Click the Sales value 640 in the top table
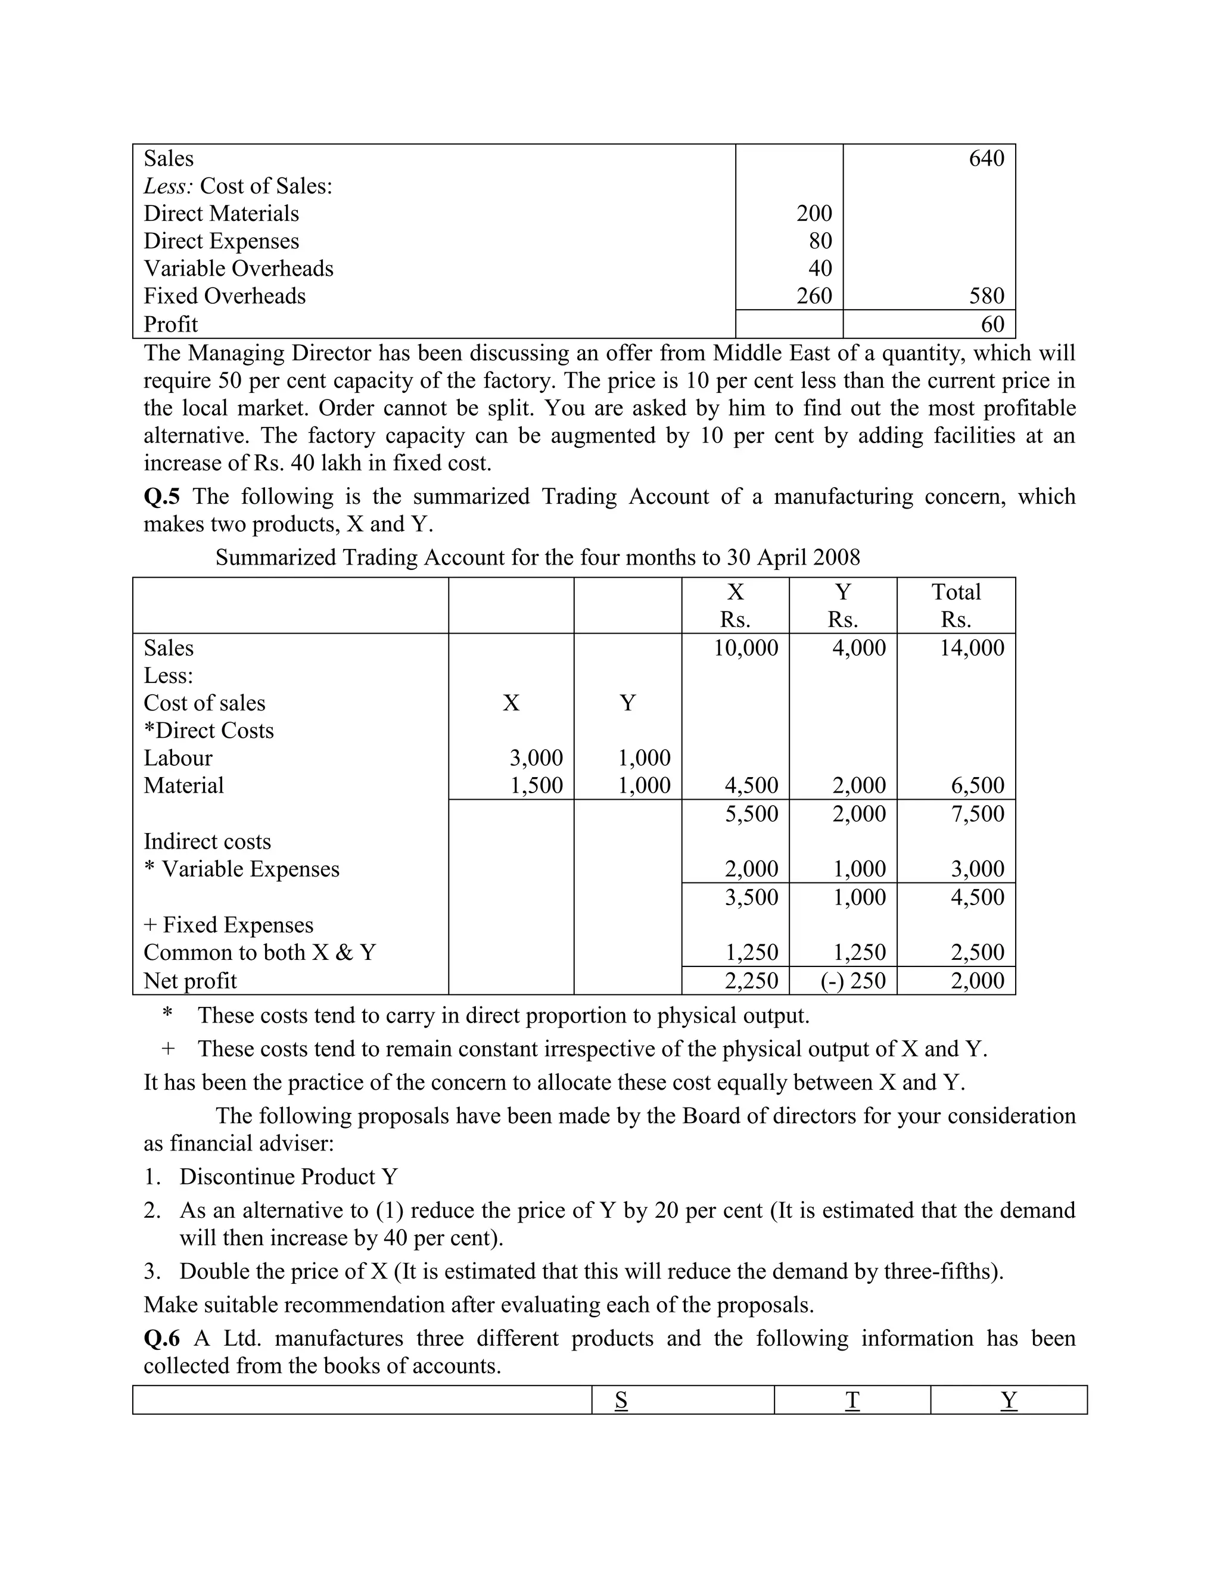(986, 158)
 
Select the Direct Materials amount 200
(814, 213)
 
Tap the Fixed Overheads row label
(224, 295)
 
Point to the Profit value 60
(992, 324)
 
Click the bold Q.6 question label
(162, 1338)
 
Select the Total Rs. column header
(956, 606)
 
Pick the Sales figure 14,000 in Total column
(972, 647)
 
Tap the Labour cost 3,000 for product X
(536, 757)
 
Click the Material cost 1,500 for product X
(536, 785)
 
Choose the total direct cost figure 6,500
(977, 785)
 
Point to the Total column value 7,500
(977, 813)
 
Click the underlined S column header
(621, 1401)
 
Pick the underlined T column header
(852, 1401)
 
